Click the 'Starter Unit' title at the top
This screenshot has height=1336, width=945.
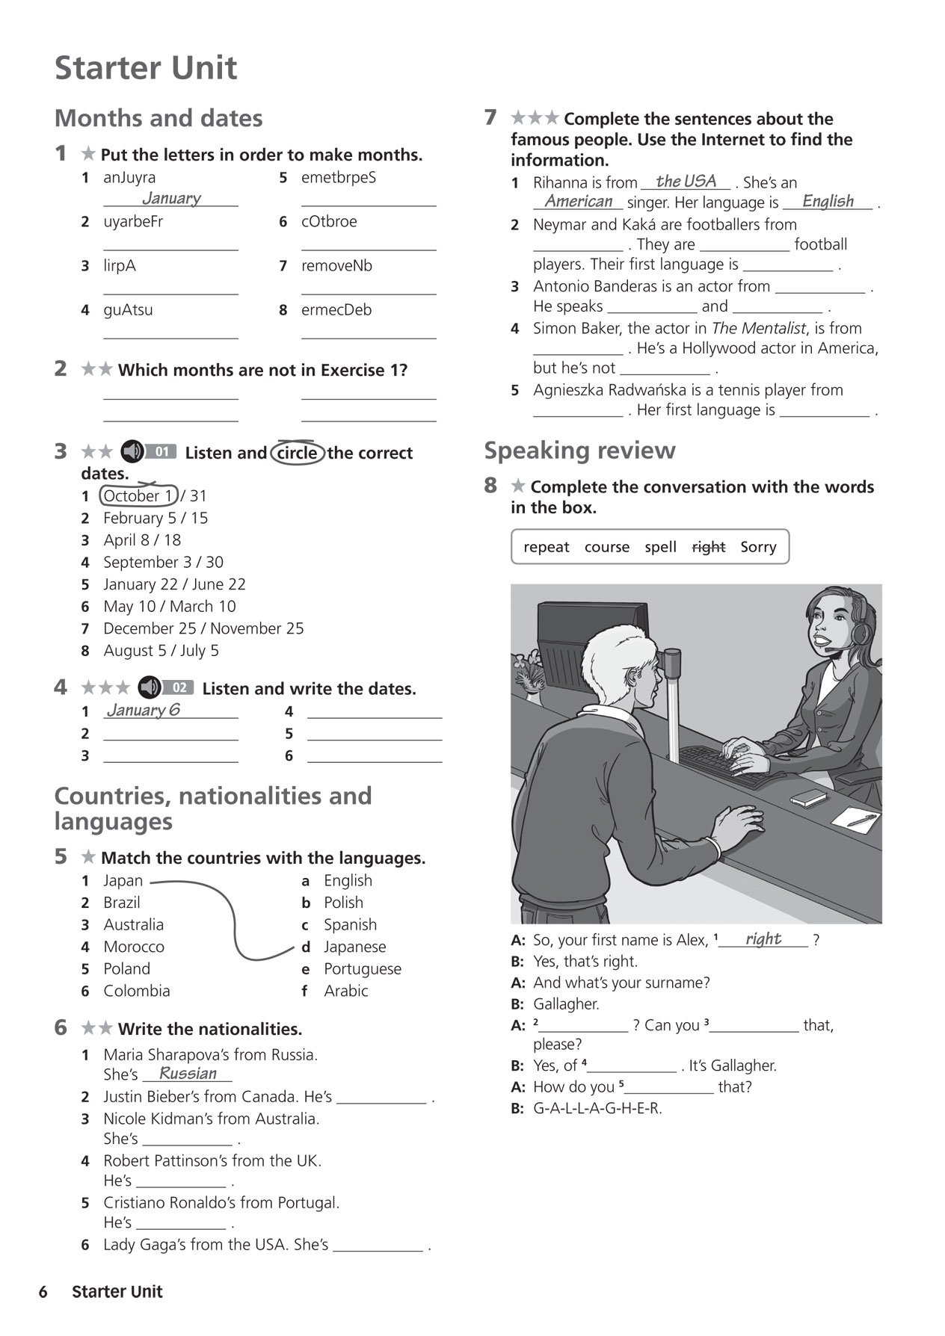point(146,68)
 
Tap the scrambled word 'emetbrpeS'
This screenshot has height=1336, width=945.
point(338,178)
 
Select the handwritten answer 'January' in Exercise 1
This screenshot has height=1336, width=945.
point(171,198)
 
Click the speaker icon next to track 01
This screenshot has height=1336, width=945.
point(133,451)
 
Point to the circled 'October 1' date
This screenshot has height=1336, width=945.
point(138,495)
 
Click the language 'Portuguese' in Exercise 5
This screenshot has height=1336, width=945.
point(362,969)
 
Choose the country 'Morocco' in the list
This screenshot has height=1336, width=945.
point(134,947)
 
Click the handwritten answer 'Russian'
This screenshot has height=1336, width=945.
point(188,1074)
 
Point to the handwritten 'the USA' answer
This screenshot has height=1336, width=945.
point(686,181)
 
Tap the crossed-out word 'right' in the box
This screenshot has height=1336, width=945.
point(708,547)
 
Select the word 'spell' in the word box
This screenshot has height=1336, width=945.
point(660,547)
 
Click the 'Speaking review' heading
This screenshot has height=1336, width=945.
point(579,451)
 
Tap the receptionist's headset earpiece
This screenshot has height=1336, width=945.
point(860,633)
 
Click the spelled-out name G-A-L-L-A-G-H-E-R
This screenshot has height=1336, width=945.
point(597,1108)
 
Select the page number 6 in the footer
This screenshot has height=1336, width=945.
point(43,1292)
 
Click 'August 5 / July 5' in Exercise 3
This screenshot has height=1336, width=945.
point(161,651)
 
